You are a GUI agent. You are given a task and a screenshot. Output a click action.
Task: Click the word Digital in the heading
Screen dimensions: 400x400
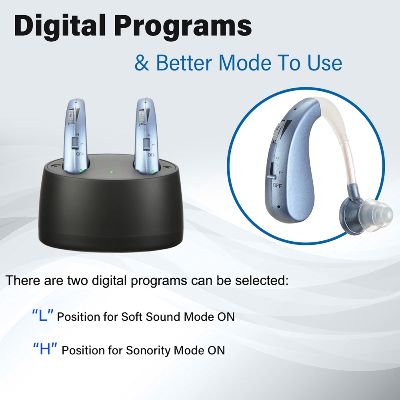[60, 26]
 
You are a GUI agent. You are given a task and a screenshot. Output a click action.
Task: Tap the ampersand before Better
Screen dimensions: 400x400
[142, 63]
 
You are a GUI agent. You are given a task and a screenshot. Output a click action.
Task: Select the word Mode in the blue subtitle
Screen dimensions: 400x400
[245, 62]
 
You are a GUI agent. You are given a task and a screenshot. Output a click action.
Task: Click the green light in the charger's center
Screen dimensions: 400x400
[111, 172]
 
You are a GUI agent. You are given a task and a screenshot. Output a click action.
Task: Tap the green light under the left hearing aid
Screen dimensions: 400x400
[81, 171]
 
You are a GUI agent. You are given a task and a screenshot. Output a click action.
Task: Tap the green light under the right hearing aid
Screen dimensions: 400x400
[153, 172]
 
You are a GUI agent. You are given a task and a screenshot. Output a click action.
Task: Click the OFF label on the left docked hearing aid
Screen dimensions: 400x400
[80, 154]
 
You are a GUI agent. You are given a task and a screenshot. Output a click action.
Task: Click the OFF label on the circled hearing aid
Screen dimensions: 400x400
[277, 186]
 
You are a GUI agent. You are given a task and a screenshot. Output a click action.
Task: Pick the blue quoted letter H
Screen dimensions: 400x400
[45, 349]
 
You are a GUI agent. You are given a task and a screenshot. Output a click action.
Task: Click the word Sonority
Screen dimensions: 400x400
[148, 350]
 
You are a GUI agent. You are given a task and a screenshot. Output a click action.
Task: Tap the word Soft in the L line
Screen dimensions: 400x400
[132, 316]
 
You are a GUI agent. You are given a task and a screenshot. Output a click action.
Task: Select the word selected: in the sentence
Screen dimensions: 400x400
[262, 280]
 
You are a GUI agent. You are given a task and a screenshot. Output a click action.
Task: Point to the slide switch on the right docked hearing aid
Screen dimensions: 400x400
[146, 144]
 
